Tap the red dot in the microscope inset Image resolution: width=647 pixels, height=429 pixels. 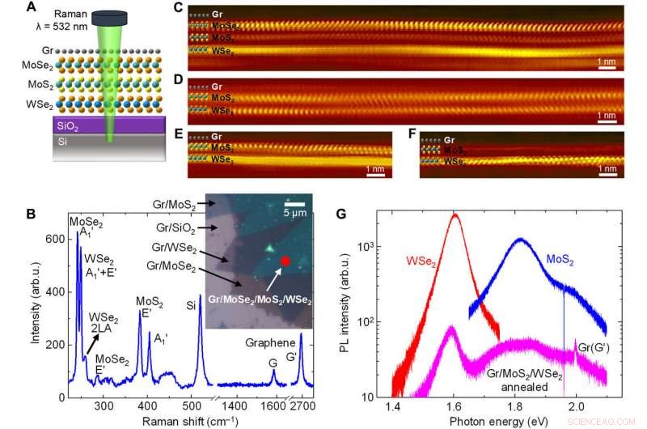[x=285, y=261]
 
